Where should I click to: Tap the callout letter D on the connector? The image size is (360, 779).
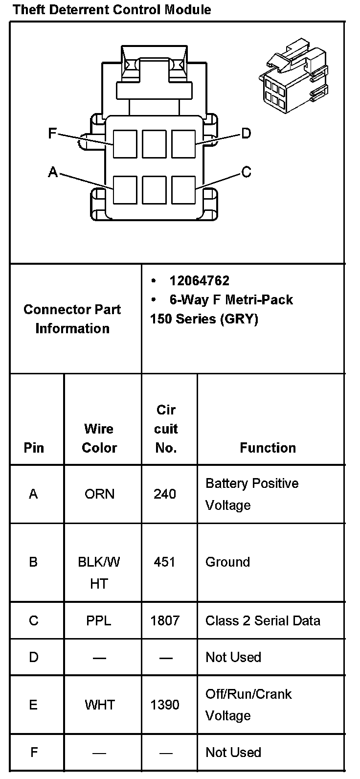point(246,133)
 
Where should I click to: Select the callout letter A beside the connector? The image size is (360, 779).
point(53,172)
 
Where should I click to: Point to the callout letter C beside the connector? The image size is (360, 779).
point(246,172)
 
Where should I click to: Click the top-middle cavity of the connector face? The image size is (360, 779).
point(154,144)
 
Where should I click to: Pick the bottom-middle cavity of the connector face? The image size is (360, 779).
point(154,190)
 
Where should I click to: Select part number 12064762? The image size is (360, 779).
point(199,281)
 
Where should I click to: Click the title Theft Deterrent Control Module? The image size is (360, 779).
point(112,9)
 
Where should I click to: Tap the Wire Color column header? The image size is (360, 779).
point(99,438)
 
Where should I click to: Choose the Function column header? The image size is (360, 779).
point(268,448)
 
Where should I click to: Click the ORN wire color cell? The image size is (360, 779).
point(99,494)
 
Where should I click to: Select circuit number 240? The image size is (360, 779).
point(165,494)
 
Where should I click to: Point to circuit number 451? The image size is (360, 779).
point(165,562)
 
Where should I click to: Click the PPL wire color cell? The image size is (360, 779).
point(99,620)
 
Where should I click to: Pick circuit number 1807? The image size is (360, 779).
point(165,620)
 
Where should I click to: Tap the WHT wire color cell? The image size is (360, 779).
point(99,705)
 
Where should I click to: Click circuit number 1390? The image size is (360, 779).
point(165,705)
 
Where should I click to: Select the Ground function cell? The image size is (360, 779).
point(227,562)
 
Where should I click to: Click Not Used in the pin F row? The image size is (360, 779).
point(233,752)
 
